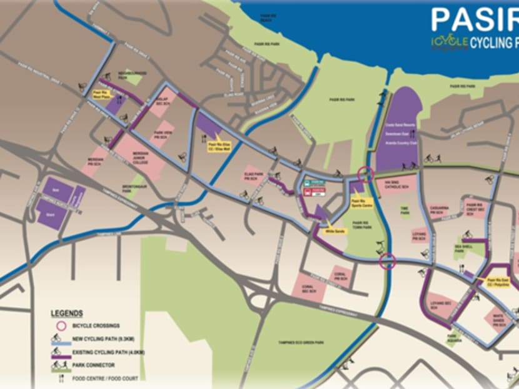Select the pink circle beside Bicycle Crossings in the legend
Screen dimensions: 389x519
coord(61,326)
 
